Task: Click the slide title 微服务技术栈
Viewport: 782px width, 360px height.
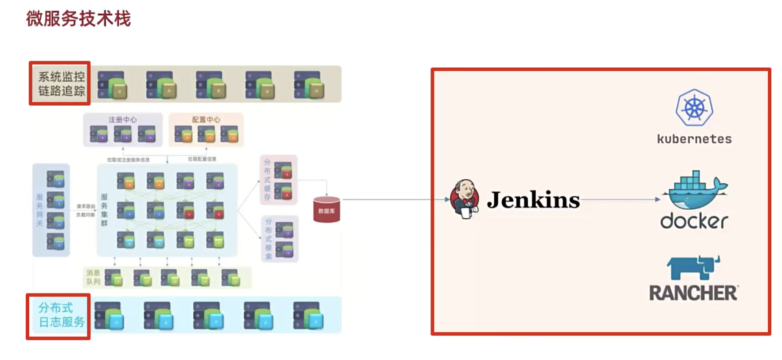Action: coord(78,19)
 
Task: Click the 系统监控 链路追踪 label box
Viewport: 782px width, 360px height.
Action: coord(60,83)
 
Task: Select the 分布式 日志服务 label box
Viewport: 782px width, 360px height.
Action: coord(59,316)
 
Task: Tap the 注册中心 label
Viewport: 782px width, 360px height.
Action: coord(123,120)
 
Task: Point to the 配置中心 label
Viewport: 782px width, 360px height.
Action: coord(206,120)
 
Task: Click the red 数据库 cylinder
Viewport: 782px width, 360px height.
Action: coord(327,210)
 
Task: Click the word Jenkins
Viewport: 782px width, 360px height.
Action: coord(533,200)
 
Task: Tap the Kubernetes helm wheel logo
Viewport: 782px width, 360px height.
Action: coord(694,108)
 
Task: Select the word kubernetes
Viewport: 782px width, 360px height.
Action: coord(694,139)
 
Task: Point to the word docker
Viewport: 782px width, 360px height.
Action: coord(694,221)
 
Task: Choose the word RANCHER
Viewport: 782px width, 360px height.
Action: coord(693,293)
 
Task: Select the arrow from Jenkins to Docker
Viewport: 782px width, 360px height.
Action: coord(621,200)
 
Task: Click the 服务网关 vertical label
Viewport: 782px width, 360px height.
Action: coord(39,210)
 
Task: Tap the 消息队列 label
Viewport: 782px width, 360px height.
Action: coord(93,277)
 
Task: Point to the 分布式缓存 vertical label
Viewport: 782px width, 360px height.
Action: coord(267,180)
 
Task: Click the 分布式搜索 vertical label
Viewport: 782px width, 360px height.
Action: coord(268,239)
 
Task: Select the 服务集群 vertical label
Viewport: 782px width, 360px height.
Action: coord(104,210)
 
